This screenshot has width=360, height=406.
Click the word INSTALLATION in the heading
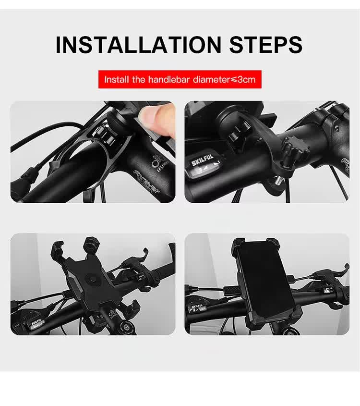point(138,44)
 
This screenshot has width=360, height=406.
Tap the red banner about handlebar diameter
point(180,79)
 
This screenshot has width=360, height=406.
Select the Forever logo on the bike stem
point(146,181)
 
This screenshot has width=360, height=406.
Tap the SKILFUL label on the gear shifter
point(201,163)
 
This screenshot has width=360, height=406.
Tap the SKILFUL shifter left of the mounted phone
point(198,306)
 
